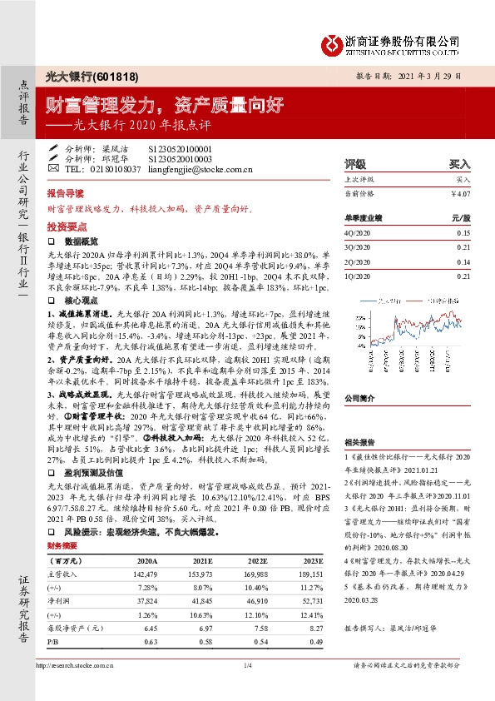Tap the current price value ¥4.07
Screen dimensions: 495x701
tap(460, 193)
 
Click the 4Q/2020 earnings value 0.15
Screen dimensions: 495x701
tap(463, 233)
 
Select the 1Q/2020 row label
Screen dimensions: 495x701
tap(354, 276)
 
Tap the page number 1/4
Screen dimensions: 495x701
tap(247, 664)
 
